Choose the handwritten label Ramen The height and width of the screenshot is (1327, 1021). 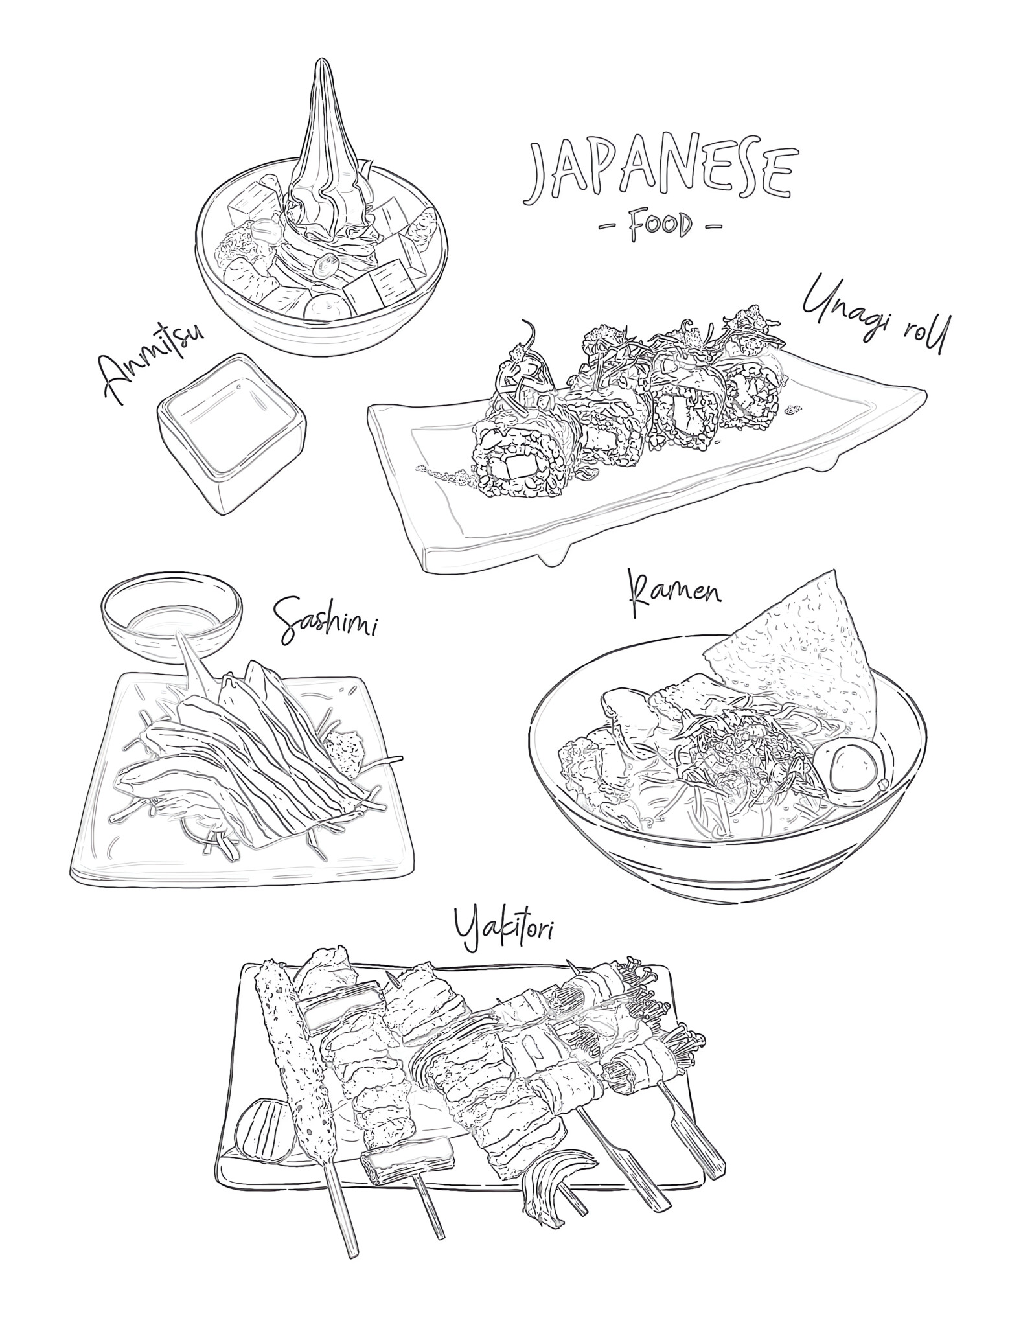pos(674,592)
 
